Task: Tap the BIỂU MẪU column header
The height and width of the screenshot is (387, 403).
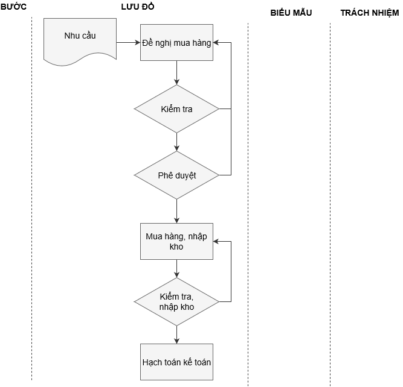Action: (x=291, y=13)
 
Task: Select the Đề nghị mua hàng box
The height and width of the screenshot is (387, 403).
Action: (x=176, y=43)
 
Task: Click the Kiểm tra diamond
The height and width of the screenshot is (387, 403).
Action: (x=176, y=109)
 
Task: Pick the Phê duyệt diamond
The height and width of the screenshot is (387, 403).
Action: (x=176, y=175)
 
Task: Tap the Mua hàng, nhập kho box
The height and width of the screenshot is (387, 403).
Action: (x=176, y=241)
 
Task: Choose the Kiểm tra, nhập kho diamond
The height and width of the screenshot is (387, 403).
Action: (x=176, y=301)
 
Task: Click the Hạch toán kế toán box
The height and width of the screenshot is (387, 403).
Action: (x=176, y=362)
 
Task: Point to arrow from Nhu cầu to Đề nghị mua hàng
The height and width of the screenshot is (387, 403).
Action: (x=128, y=43)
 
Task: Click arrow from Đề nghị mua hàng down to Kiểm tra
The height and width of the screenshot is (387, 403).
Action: (x=176, y=72)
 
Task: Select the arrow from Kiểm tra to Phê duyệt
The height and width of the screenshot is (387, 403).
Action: (x=176, y=142)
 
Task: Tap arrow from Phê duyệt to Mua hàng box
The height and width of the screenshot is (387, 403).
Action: (x=176, y=211)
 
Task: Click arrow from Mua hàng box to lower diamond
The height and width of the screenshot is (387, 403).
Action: (x=176, y=268)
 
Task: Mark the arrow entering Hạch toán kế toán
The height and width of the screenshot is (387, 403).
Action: (x=176, y=335)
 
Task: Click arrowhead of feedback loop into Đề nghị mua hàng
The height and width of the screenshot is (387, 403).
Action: (x=217, y=43)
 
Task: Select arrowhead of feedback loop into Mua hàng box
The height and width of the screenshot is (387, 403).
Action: (x=217, y=241)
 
